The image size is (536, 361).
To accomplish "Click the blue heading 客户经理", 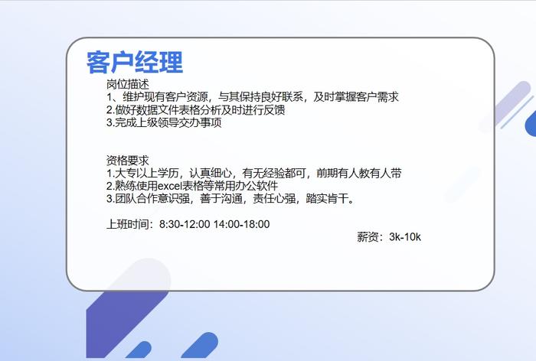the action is coord(135,62).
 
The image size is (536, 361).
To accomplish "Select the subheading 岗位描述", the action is coord(128,84).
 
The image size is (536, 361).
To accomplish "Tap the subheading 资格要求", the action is coord(128,161).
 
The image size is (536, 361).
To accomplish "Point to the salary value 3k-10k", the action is coord(405,236).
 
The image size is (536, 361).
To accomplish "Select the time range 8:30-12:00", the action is coord(185,224).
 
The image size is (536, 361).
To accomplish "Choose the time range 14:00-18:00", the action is coord(242,224).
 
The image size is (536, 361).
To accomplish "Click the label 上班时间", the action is coord(128,224).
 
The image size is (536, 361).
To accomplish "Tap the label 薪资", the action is coord(368,236).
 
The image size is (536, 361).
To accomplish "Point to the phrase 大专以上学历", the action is coord(147,173).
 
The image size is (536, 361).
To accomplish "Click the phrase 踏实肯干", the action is coord(327,198).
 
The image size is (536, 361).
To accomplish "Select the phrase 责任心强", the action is coord(274,198).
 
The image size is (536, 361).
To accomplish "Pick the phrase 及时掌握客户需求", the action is coord(356,97).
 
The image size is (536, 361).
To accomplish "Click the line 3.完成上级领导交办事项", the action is coord(164,122).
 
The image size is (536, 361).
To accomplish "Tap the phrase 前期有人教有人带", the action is coord(359,173).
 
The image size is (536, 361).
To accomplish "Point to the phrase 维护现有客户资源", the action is coord(165,97).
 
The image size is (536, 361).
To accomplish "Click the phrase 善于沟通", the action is coord(221,198).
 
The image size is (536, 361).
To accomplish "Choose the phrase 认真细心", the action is coord(211,173).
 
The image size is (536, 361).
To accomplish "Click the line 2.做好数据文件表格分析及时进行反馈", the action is coord(196,109).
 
